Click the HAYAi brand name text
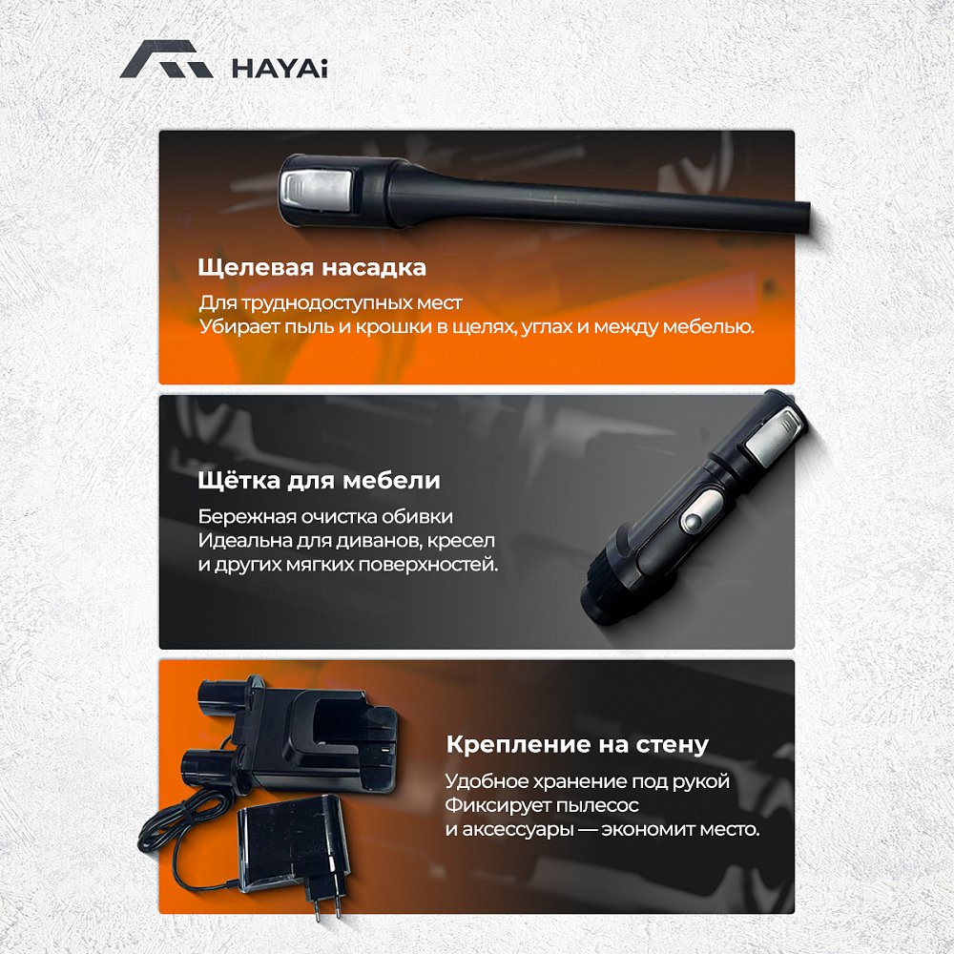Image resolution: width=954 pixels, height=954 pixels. click(x=280, y=68)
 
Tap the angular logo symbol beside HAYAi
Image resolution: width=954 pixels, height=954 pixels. click(x=166, y=59)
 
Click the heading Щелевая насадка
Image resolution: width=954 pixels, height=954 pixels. click(x=312, y=268)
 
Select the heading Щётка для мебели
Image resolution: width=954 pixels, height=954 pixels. click(x=320, y=480)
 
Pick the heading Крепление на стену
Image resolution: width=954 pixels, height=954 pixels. click(x=577, y=745)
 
